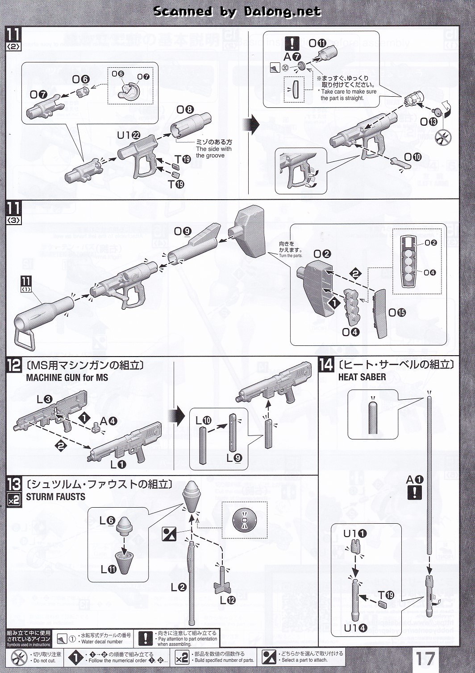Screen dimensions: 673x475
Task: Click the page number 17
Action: click(425, 658)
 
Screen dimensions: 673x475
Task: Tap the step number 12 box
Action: click(14, 365)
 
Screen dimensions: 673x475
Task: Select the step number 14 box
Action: click(326, 365)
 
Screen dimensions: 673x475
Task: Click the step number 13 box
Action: click(14, 484)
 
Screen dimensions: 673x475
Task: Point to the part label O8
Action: click(185, 110)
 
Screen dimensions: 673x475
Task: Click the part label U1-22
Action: click(129, 135)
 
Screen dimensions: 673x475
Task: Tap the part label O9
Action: click(182, 231)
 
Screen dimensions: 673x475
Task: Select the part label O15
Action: click(397, 312)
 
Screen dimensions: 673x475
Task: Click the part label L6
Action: click(107, 521)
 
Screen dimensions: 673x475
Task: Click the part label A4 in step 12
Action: click(108, 421)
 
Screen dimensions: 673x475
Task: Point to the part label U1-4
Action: click(355, 628)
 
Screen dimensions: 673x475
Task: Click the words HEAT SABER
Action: click(362, 377)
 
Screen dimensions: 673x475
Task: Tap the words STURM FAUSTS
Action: click(55, 497)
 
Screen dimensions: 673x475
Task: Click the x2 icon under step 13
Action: click(14, 500)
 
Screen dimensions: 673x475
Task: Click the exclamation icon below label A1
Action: click(415, 492)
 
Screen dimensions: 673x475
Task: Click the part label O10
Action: click(412, 157)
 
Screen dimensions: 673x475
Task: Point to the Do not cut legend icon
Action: click(19, 657)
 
